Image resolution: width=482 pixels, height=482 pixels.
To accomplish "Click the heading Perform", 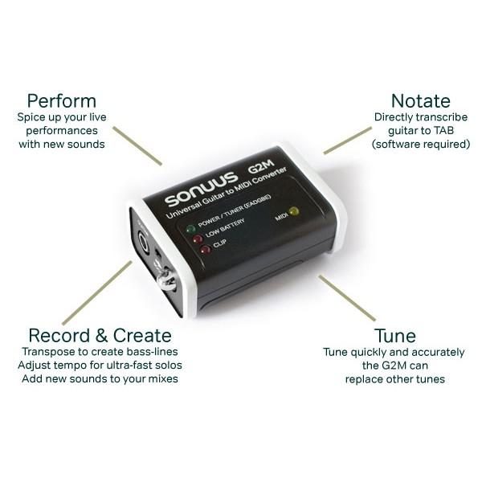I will tap(61, 101).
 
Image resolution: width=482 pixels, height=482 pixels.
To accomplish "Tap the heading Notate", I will tap(420, 101).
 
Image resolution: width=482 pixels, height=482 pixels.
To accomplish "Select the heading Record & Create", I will tap(100, 335).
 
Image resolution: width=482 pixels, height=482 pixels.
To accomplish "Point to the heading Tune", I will tap(394, 335).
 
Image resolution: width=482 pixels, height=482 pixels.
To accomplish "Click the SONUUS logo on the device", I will tap(202, 192).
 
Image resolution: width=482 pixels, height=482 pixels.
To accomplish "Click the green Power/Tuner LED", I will tap(191, 229).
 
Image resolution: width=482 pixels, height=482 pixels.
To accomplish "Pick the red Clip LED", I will tap(205, 250).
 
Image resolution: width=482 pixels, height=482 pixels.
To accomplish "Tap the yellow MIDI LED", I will tap(293, 212).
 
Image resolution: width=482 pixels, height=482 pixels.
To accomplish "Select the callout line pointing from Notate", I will tap(347, 140).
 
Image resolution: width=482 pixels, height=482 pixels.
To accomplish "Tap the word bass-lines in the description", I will tap(148, 352).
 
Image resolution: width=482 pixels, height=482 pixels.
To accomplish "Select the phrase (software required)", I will tap(421, 145).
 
